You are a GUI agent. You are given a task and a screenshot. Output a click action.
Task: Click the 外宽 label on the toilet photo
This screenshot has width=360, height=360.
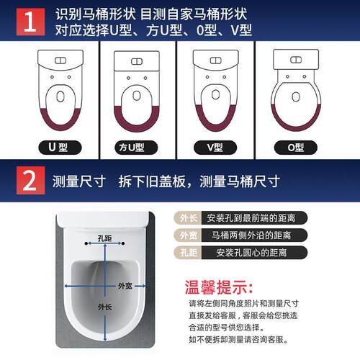125,285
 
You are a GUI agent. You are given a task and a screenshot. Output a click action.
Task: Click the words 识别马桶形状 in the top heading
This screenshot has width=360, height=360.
96,14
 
